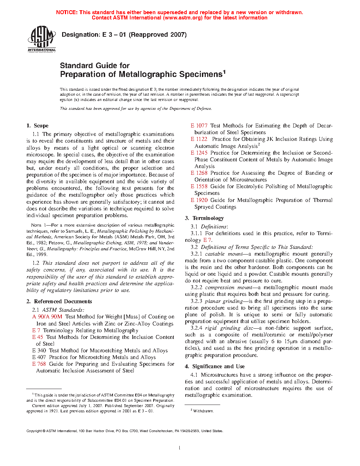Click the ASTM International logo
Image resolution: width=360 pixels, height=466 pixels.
pyautogui.click(x=42, y=38)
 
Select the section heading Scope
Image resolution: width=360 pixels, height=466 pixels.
pyautogui.click(x=41, y=126)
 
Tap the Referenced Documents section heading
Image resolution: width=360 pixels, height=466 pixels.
pyautogui.click(x=63, y=301)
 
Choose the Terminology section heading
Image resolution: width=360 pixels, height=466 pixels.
pyautogui.click(x=208, y=218)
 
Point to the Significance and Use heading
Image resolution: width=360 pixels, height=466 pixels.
pyautogui.click(x=218, y=366)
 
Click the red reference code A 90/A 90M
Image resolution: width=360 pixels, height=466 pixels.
pyautogui.click(x=47, y=317)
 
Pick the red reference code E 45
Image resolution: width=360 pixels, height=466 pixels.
pyautogui.click(x=37, y=337)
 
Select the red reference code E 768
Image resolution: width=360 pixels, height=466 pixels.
pyautogui.click(x=39, y=364)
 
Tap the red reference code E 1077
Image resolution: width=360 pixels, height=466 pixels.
pyautogui.click(x=199, y=126)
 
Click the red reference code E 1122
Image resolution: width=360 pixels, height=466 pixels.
pyautogui.click(x=199, y=139)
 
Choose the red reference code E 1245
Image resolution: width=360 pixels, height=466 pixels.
pyautogui.click(x=199, y=153)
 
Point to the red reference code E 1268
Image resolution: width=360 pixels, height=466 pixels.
pyautogui.click(x=199, y=173)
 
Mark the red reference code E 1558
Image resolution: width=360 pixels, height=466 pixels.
pyautogui.click(x=199, y=186)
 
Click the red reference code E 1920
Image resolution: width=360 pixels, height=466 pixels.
pyautogui.click(x=199, y=200)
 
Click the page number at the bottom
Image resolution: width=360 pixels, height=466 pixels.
pyautogui.click(x=180, y=448)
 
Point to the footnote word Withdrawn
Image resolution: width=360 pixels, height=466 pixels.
pyautogui.click(x=203, y=411)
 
